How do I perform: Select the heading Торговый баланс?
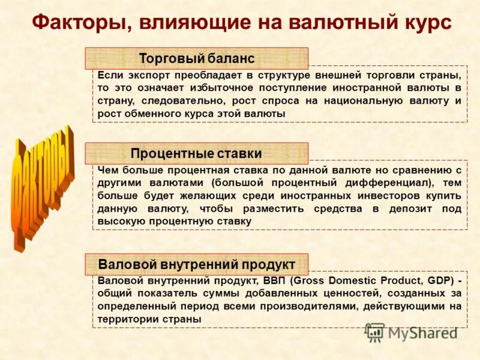click(197, 59)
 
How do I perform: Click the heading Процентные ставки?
click(196, 154)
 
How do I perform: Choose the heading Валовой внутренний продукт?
click(197, 264)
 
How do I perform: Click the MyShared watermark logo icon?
click(375, 332)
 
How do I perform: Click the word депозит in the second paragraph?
click(397, 208)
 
